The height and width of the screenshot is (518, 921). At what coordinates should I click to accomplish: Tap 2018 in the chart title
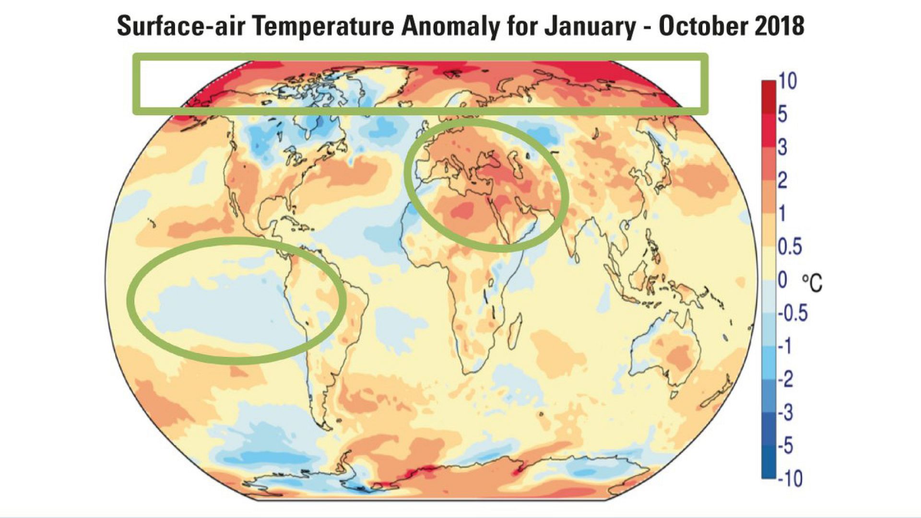point(779,26)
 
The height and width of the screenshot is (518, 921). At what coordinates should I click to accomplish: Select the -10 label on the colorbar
point(789,478)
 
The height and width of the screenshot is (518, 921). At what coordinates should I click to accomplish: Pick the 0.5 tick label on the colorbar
point(790,247)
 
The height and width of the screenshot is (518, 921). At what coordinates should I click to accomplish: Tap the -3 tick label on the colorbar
point(786,412)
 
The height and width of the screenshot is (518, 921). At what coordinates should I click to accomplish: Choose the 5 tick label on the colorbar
point(782,116)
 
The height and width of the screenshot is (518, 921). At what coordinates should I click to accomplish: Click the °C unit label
point(812,283)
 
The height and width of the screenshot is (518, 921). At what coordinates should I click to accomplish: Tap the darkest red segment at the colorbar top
point(768,89)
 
